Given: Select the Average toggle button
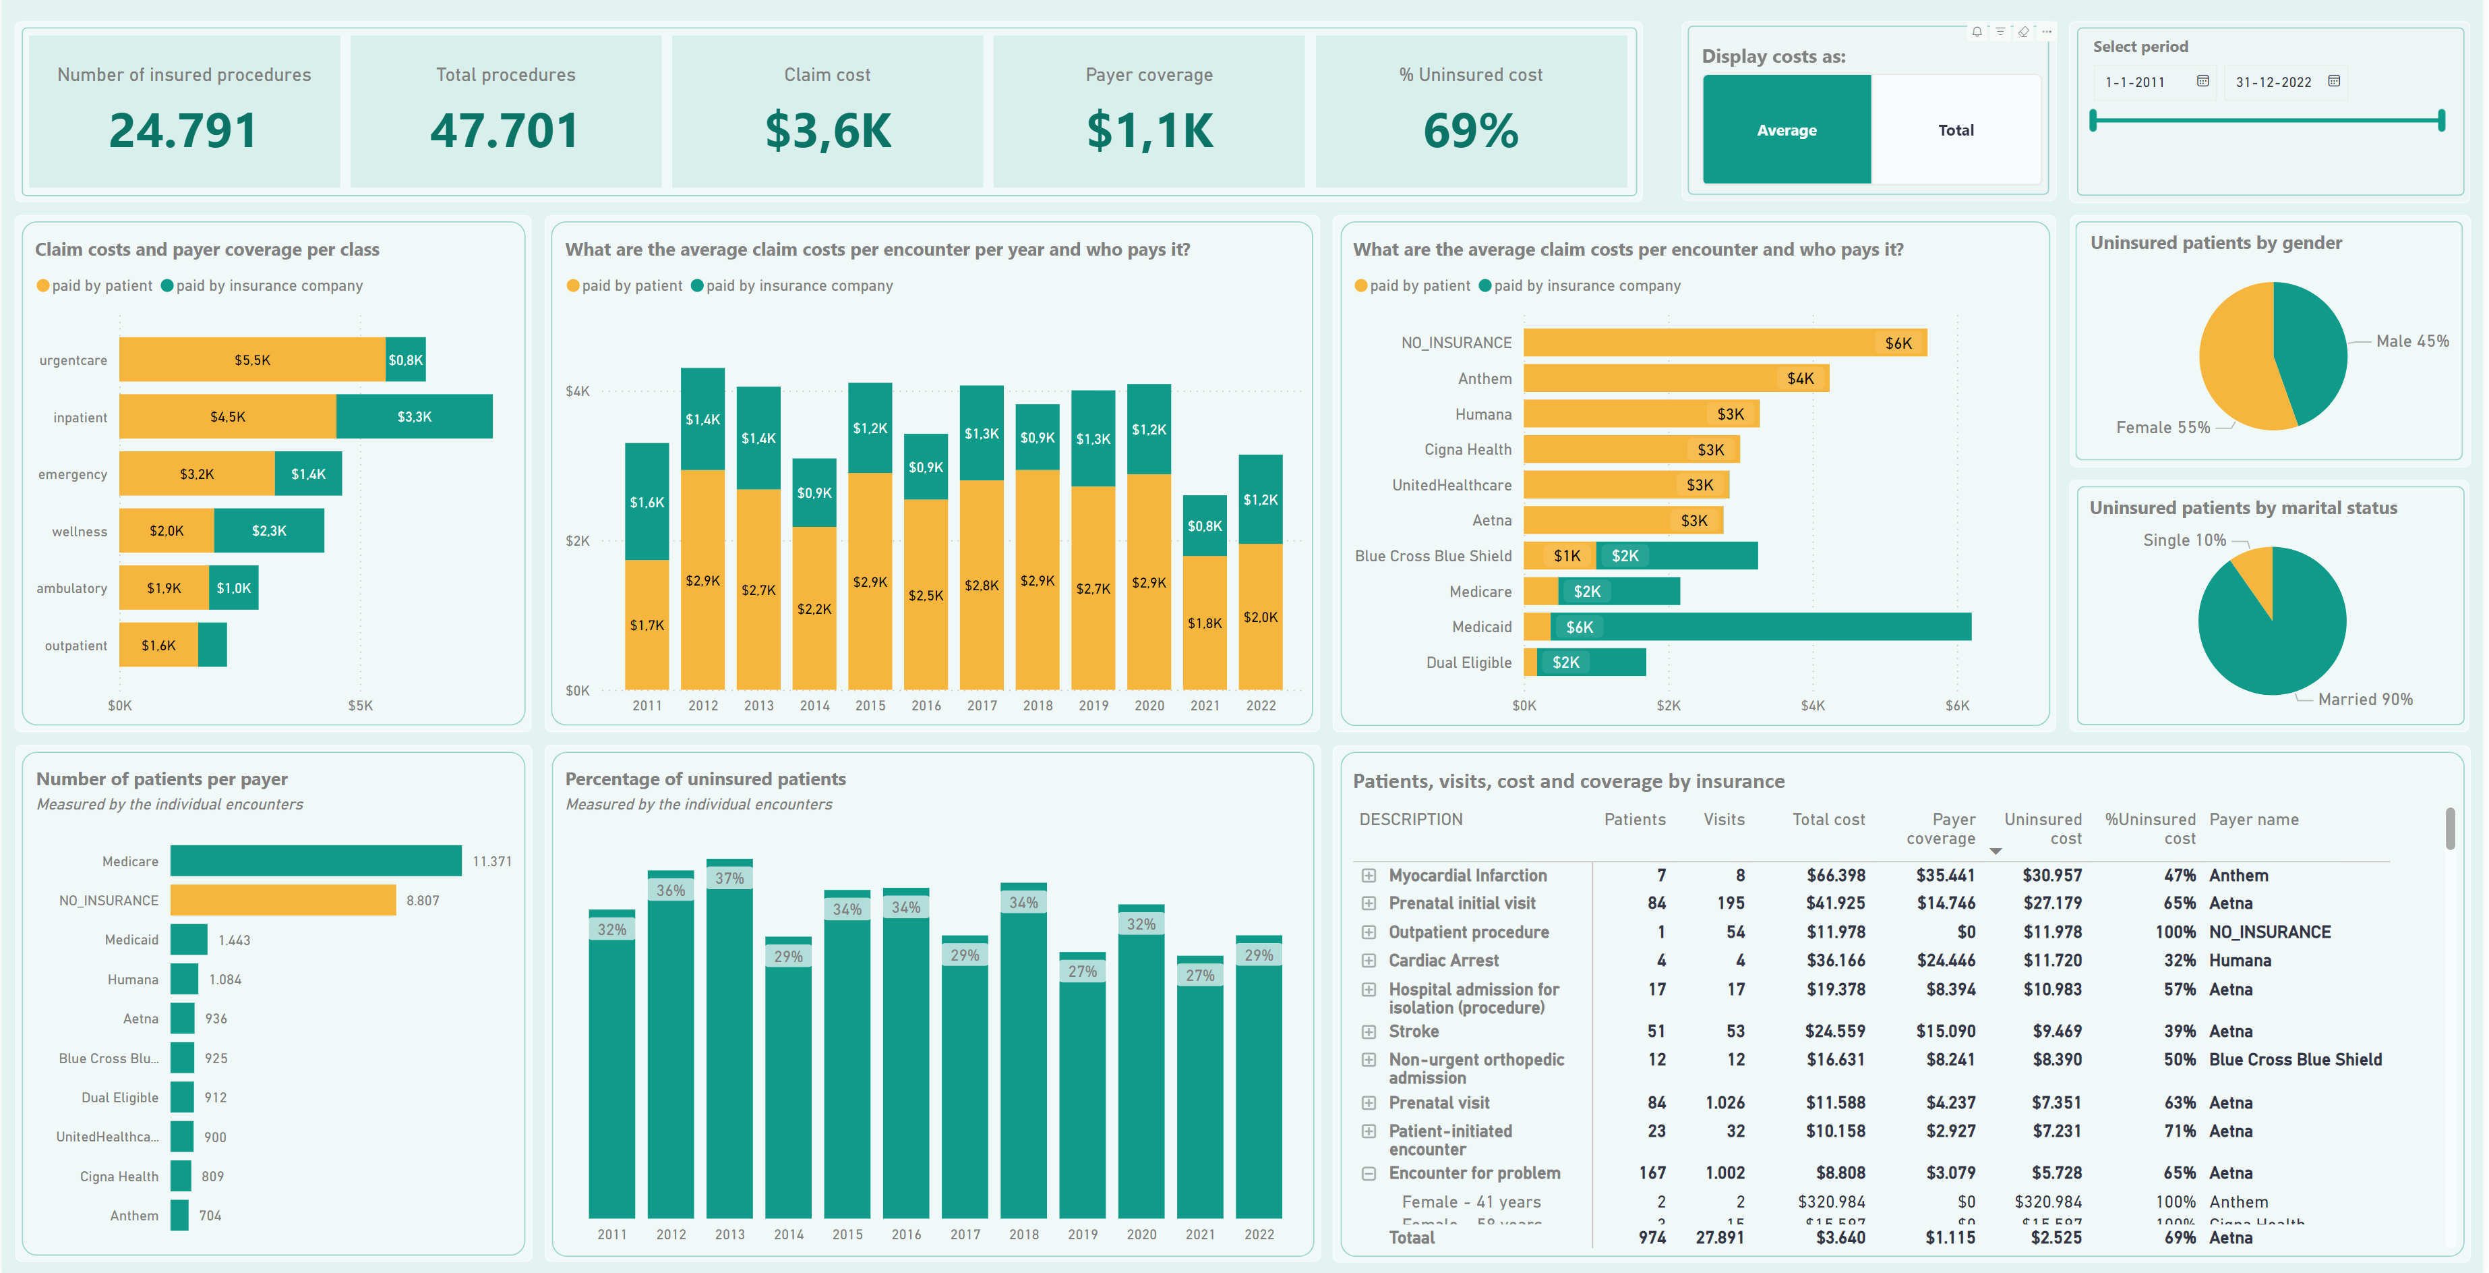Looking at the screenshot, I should (x=1786, y=130).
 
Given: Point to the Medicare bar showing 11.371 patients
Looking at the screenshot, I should (x=316, y=860).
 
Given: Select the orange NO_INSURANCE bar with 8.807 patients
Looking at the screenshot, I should (x=283, y=900).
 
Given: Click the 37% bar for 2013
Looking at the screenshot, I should (x=729, y=1039).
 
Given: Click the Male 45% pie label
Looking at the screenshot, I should (x=2411, y=341).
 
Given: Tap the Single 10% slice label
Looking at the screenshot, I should (x=2184, y=540).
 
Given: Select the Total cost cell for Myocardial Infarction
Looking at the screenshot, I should (x=1835, y=875).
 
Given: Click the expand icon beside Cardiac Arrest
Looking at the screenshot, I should (x=1368, y=960).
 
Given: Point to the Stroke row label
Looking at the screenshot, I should (x=1414, y=1031).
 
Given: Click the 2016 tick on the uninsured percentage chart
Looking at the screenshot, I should (x=906, y=1235).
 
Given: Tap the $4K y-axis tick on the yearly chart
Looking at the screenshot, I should (x=577, y=391).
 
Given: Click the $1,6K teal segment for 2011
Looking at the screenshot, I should (x=647, y=502).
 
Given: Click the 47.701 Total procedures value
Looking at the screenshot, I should (x=504, y=132).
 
